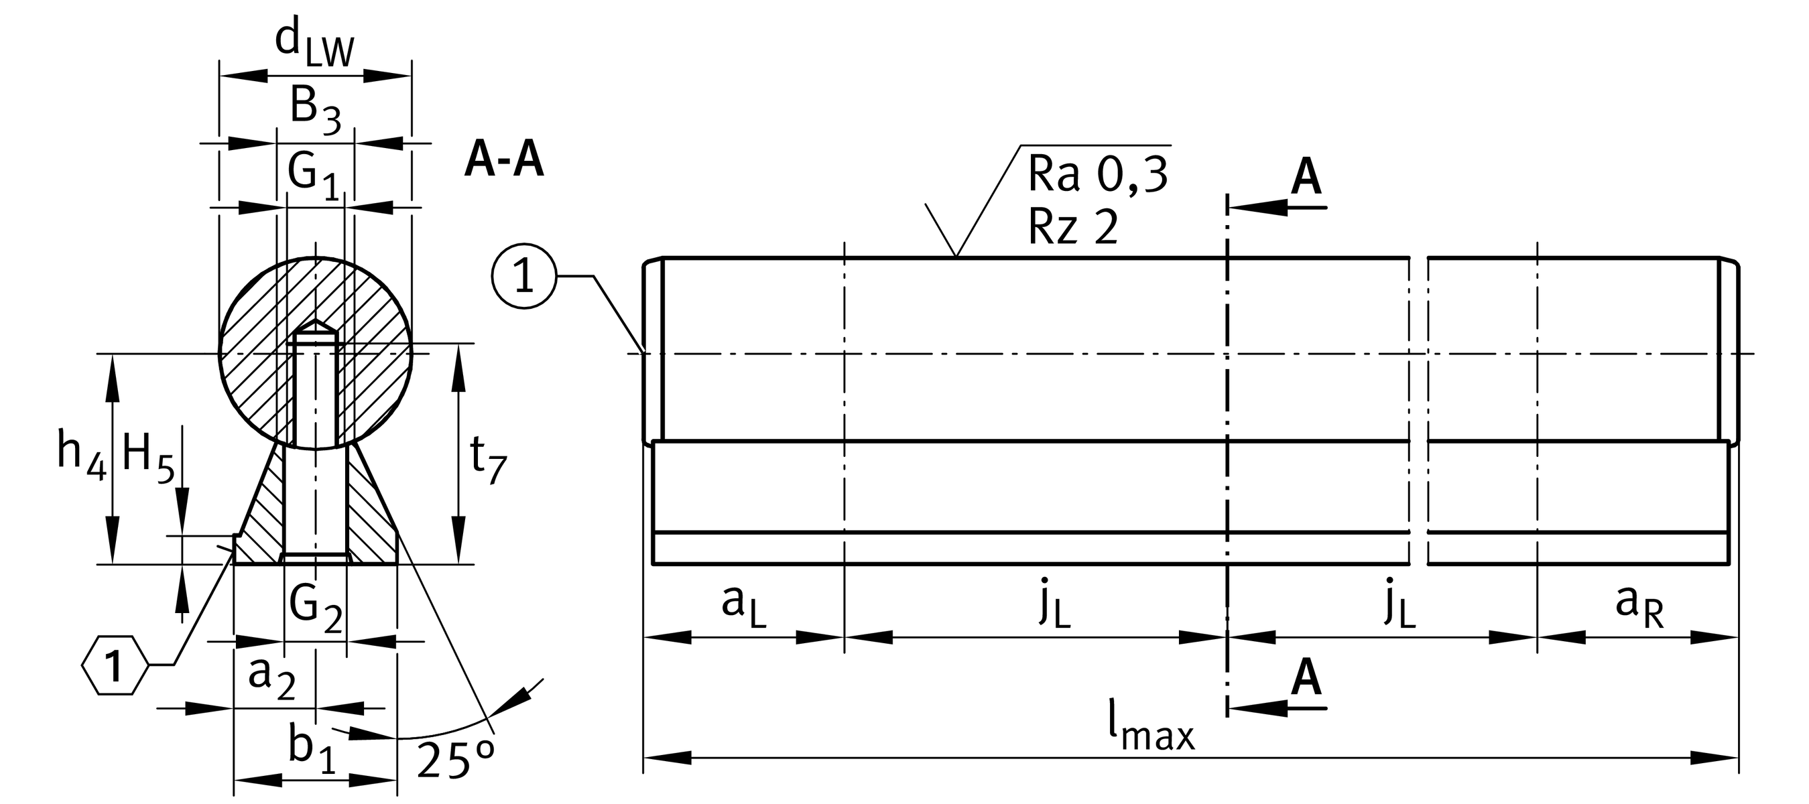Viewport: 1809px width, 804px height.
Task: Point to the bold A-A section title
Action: (x=504, y=161)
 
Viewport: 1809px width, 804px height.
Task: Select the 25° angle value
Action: (x=455, y=760)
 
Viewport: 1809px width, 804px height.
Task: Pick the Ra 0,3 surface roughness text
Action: (x=1097, y=174)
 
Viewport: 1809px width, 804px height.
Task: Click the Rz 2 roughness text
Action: (x=1072, y=226)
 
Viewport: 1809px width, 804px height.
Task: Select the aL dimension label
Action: (x=744, y=604)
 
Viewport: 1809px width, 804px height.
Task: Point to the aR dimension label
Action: (x=1639, y=604)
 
